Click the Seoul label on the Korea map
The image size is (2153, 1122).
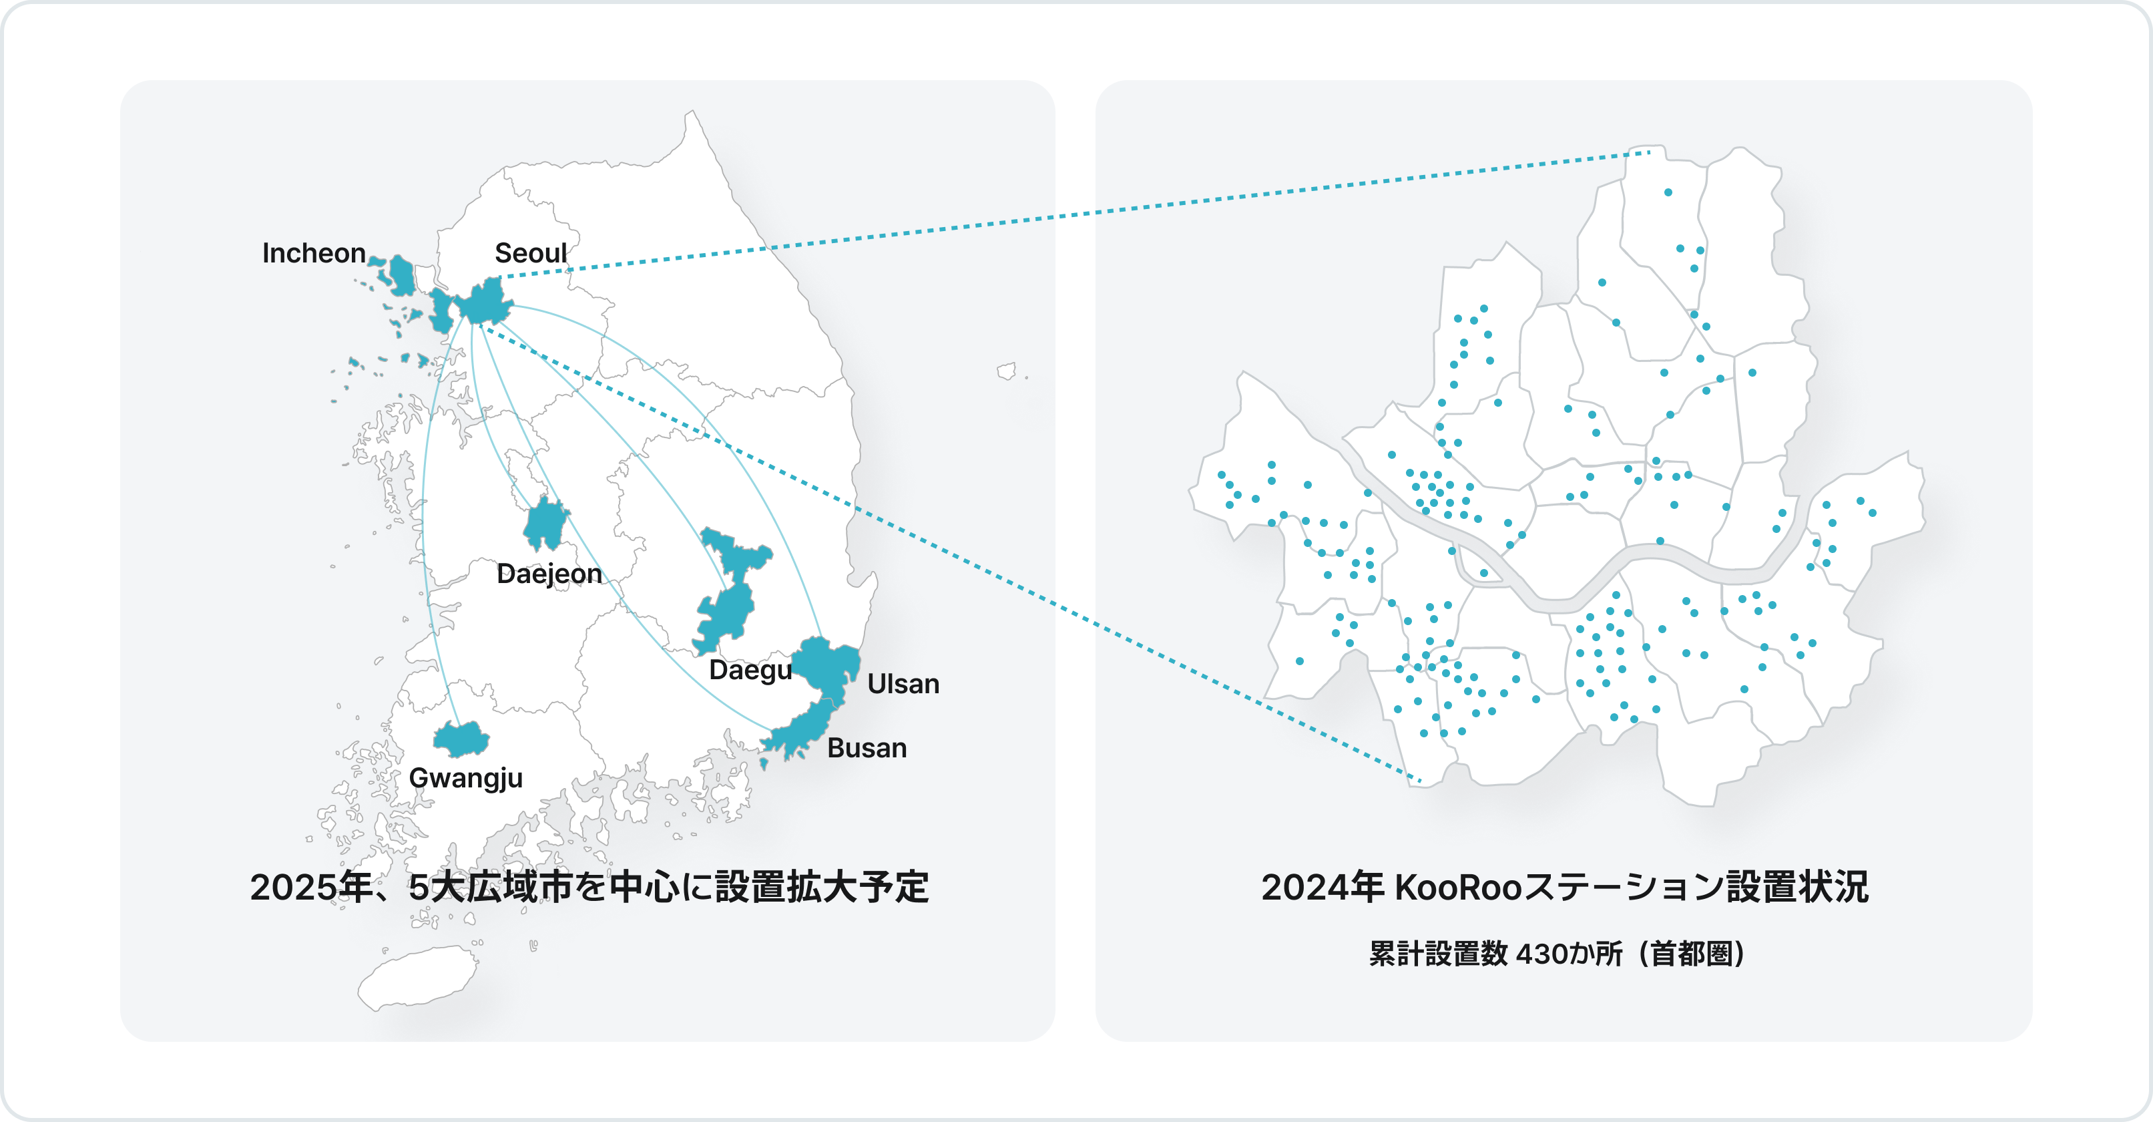tap(531, 252)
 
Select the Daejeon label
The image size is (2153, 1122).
tap(549, 574)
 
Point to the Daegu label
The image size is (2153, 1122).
tap(750, 670)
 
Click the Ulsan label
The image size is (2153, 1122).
tap(903, 684)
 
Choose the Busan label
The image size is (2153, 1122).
tap(867, 747)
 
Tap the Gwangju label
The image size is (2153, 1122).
tap(465, 777)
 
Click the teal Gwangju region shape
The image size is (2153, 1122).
tap(461, 739)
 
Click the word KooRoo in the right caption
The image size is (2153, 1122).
tap(1459, 887)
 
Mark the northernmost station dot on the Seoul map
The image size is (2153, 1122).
tap(1668, 192)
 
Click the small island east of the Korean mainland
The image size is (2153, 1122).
tap(1007, 371)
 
